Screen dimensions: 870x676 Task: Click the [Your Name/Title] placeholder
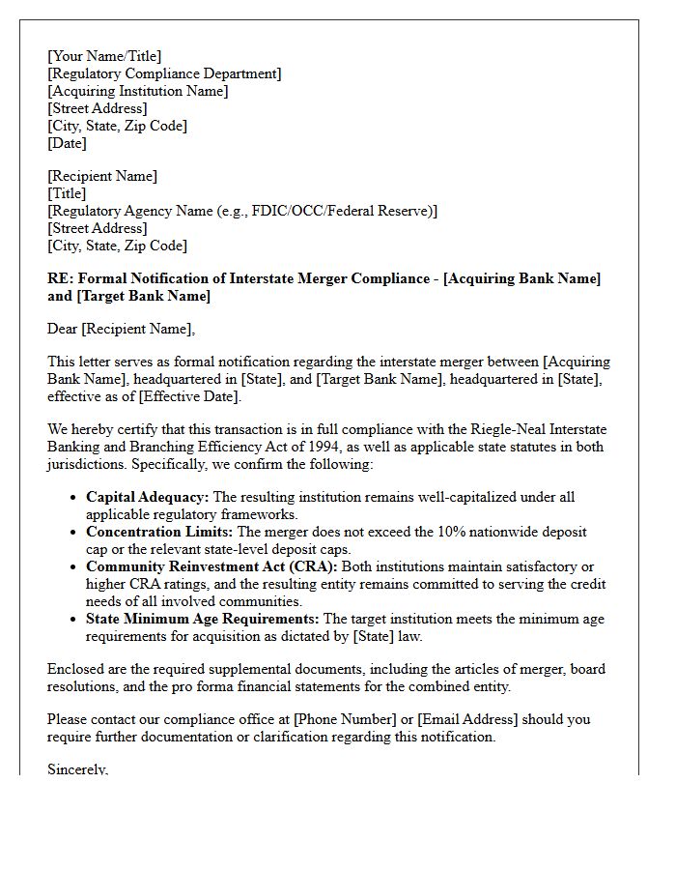click(104, 56)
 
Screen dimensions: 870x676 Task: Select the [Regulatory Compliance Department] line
click(164, 73)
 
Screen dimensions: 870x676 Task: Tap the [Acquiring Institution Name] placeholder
click(138, 91)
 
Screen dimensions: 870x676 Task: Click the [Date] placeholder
click(68, 143)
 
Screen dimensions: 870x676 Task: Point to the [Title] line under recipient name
click(67, 193)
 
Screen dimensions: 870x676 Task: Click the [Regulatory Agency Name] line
click(241, 211)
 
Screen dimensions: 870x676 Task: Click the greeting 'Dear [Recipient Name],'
click(121, 329)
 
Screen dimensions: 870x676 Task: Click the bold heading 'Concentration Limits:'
click(159, 532)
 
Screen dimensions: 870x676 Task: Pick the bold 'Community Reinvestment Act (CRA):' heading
click(211, 566)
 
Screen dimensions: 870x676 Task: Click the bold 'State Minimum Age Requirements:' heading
click(203, 619)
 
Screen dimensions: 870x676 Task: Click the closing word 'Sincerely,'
click(78, 769)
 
